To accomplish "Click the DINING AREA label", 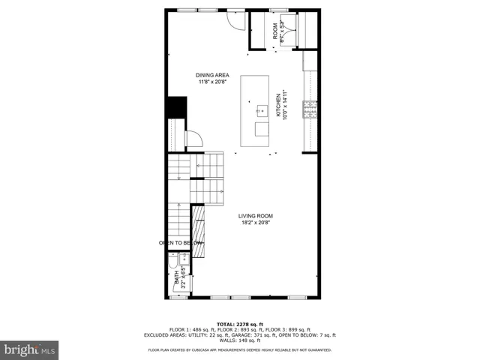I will coord(212,75).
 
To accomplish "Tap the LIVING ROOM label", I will coord(255,215).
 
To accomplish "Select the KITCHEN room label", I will coord(277,105).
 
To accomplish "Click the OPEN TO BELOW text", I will coord(180,243).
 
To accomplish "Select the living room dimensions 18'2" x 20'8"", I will coord(255,223).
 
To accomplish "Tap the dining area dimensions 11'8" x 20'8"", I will coord(212,82).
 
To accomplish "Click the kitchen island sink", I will coord(262,110).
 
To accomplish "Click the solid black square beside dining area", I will coord(176,107).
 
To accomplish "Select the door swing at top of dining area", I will coord(235,20).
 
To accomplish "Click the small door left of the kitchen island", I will coord(193,138).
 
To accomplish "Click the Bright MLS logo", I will coord(30,349).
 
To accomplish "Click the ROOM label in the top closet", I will coord(275,31).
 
